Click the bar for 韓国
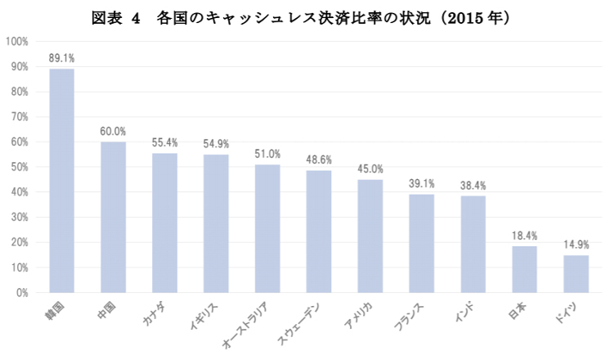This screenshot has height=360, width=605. pos(62,180)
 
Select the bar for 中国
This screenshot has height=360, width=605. pos(113,217)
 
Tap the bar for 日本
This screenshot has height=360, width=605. pos(524,269)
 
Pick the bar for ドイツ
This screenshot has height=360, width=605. pos(576,273)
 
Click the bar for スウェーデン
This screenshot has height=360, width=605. pos(319,231)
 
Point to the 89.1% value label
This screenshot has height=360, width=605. pos(62,58)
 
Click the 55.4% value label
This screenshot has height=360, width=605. pos(164,142)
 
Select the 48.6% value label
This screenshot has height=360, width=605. pos(319,160)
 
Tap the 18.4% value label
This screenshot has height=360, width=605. pos(524,236)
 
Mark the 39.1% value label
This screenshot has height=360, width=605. pos(421,183)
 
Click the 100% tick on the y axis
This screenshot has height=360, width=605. pos(17,41)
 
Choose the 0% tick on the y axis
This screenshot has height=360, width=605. pos(22,292)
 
